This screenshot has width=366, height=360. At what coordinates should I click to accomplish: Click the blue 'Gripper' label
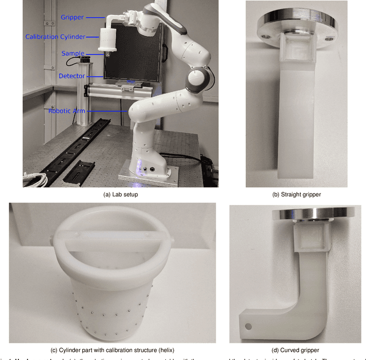pos(71,17)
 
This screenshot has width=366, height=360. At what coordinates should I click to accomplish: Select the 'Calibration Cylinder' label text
pos(55,37)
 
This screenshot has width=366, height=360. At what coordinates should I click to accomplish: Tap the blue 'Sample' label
pos(73,53)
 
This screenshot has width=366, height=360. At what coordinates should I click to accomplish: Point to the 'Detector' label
pos(71,76)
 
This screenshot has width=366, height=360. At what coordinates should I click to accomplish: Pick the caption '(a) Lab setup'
pos(120,195)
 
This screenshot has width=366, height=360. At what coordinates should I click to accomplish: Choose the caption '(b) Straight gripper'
pos(296,195)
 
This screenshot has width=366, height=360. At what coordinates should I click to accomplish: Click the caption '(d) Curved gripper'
pos(296,350)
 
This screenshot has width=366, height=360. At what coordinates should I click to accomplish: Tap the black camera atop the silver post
pos(86,58)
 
